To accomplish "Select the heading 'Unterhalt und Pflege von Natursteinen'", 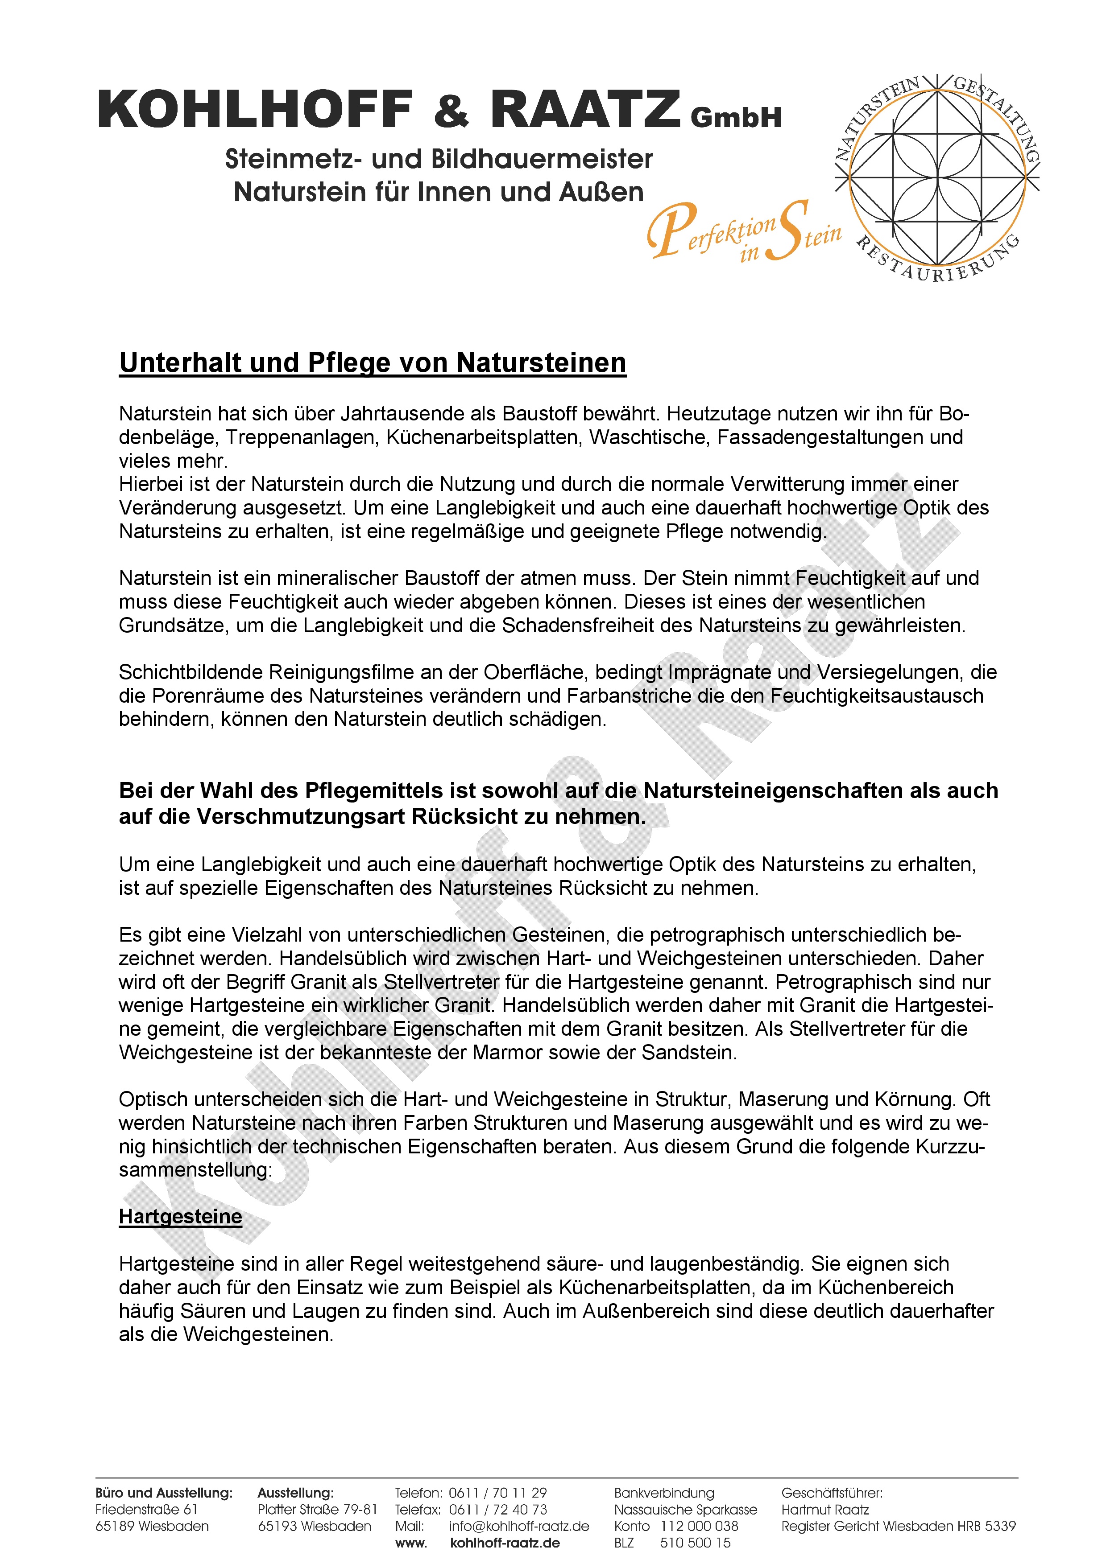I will pyautogui.click(x=372, y=362).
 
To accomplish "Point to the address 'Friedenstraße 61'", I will pyautogui.click(x=146, y=1510).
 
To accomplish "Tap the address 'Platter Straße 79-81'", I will pyautogui.click(x=317, y=1510).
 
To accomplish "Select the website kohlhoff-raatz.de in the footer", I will pyautogui.click(x=505, y=1543).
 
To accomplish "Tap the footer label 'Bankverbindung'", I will pyautogui.click(x=664, y=1493).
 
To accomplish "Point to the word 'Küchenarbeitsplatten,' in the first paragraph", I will pyautogui.click(x=483, y=437).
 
